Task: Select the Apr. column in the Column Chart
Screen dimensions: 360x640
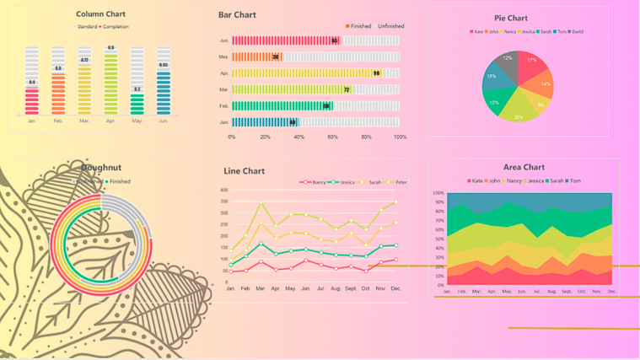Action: tap(110, 84)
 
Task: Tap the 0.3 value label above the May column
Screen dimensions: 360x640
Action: tap(137, 89)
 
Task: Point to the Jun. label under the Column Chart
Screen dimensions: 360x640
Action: tap(164, 121)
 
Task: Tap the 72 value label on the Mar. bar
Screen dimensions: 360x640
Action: tap(347, 89)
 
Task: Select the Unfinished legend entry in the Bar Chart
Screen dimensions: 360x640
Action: tap(390, 26)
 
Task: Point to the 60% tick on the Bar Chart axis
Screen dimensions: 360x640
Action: tap(332, 137)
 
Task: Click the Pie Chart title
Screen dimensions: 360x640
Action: tap(511, 18)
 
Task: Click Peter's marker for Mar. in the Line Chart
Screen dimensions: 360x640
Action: tap(261, 203)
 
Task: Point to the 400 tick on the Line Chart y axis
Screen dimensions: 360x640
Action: tap(223, 190)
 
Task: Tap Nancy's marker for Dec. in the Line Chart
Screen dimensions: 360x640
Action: tap(395, 260)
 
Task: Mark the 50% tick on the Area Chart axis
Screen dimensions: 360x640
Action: tap(438, 239)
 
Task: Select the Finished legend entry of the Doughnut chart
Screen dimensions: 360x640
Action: tap(117, 181)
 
